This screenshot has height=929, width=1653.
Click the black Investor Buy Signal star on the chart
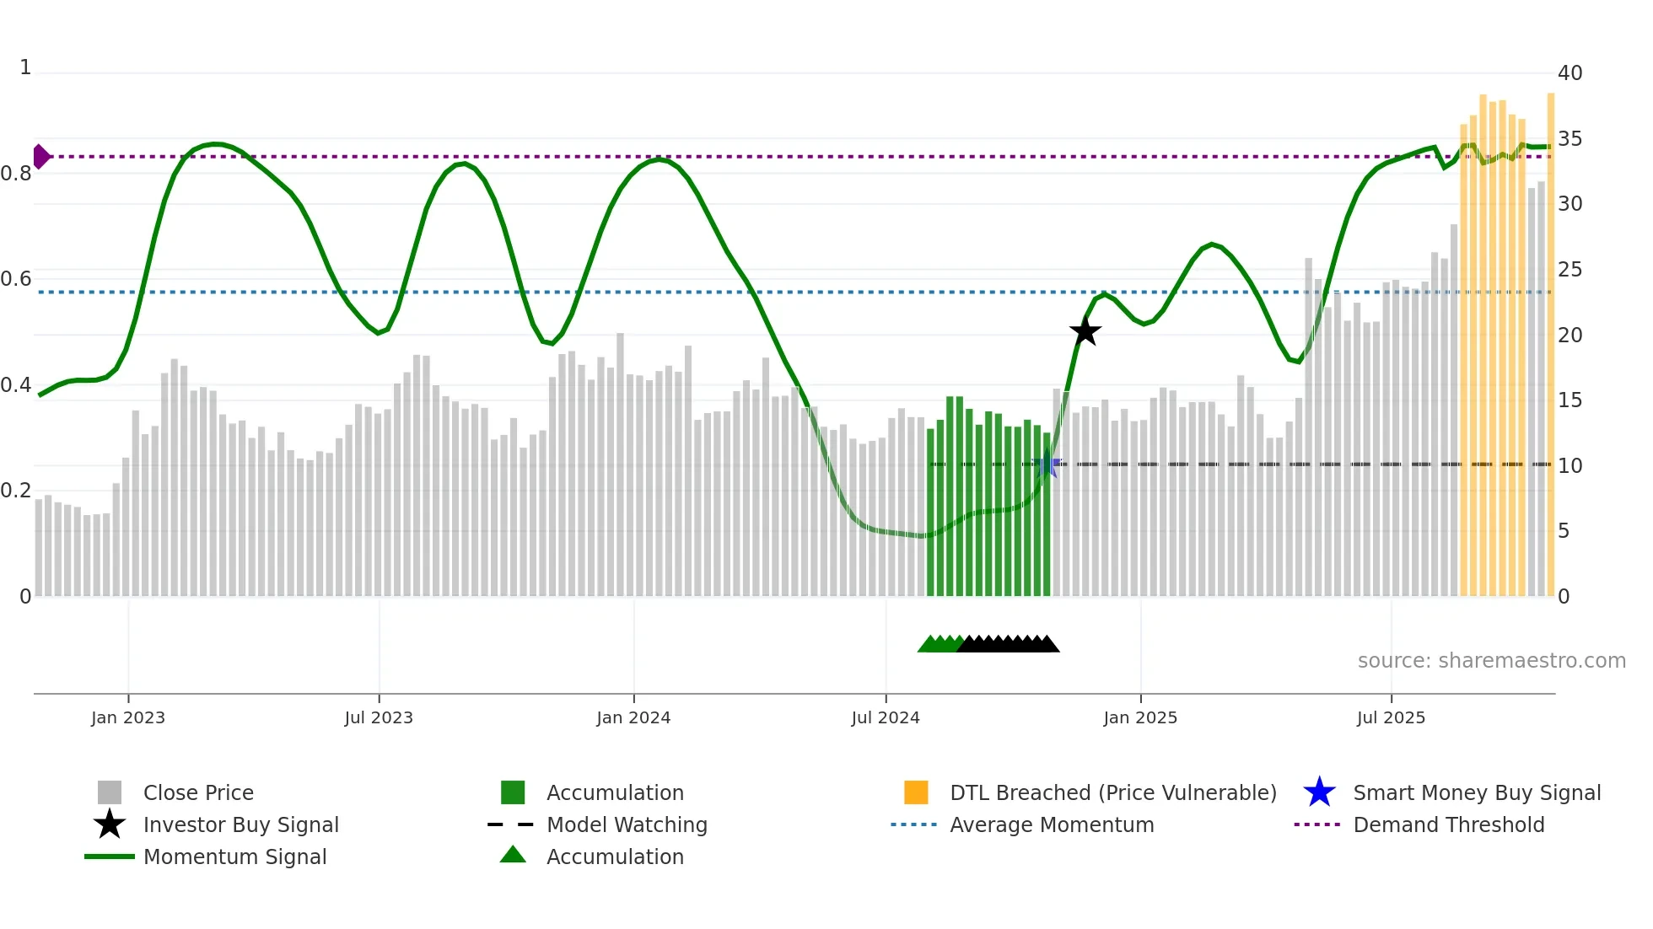(x=1085, y=331)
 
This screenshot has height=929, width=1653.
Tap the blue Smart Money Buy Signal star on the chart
(x=1047, y=464)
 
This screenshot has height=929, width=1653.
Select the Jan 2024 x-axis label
(x=633, y=718)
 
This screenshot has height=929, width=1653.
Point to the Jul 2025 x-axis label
(x=1391, y=718)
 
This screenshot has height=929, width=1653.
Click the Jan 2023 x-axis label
(x=128, y=718)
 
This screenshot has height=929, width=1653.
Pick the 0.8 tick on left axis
(x=16, y=174)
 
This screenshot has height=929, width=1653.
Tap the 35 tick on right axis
(x=1570, y=139)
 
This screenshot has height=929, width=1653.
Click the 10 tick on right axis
(x=1570, y=466)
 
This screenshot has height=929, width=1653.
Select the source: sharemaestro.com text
(x=1491, y=661)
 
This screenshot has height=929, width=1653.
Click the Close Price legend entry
(x=198, y=793)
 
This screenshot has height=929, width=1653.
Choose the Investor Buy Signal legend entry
(x=240, y=825)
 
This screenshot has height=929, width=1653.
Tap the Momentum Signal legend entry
(x=234, y=857)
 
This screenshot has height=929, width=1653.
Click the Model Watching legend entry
(x=627, y=825)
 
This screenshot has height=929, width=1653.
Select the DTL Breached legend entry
(x=1112, y=793)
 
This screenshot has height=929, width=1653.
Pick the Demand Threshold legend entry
(x=1448, y=825)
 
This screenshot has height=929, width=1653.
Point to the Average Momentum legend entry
(x=1052, y=825)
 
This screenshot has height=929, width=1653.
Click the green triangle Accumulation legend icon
(x=513, y=856)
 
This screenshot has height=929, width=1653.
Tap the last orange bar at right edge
(x=1550, y=346)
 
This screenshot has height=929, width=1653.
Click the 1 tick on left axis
(x=25, y=67)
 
